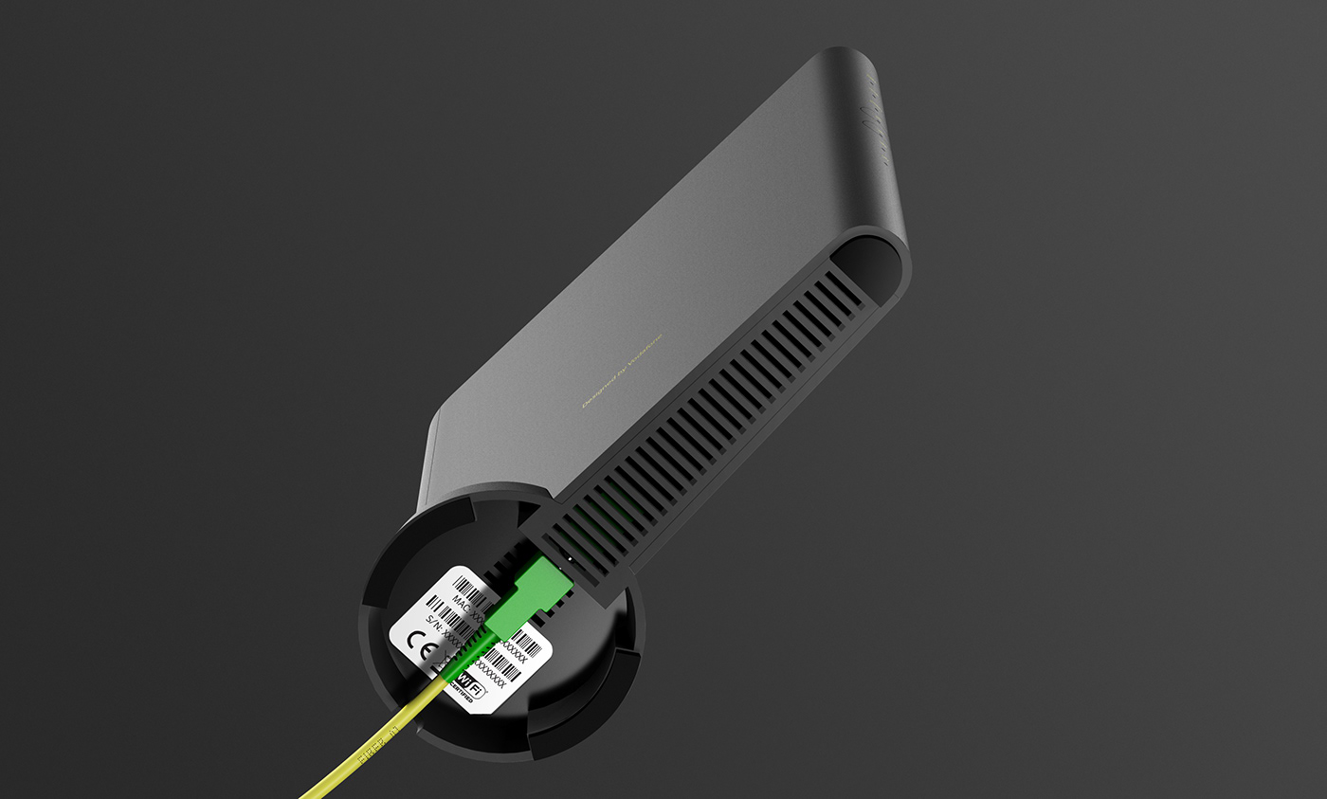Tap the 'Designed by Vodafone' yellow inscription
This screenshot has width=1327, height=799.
[x=622, y=371]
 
